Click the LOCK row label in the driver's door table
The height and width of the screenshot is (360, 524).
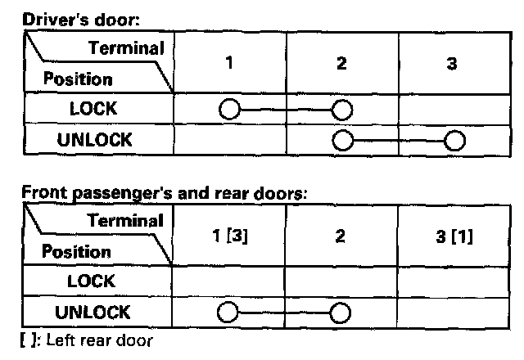coord(93,108)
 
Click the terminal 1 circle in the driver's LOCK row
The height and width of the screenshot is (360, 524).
coord(230,109)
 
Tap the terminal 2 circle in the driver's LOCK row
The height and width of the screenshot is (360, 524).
coord(341,109)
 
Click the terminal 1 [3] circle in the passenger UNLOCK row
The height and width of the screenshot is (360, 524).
coord(228,312)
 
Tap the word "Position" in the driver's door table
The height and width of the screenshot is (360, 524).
coord(77,79)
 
